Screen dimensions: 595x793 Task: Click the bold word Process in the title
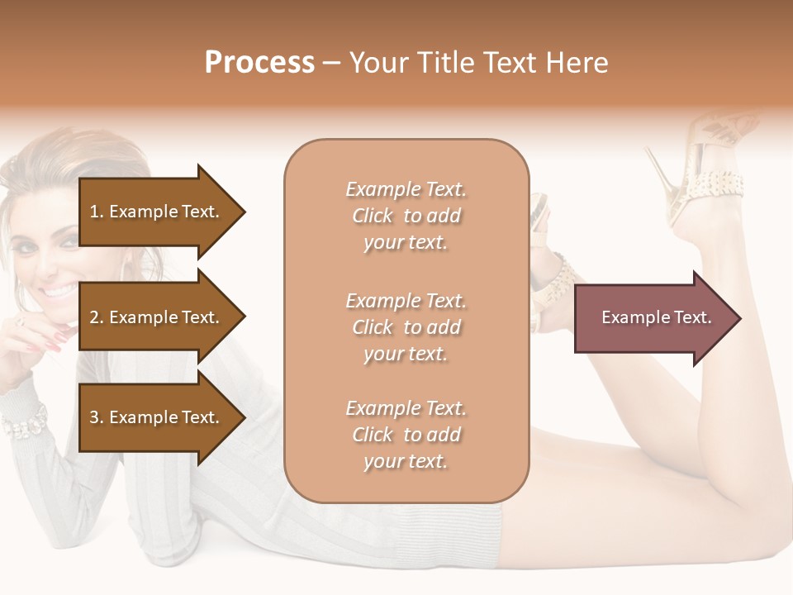259,63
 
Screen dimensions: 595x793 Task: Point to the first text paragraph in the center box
406,216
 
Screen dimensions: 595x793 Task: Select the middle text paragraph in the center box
406,327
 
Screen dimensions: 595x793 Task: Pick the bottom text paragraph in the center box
406,435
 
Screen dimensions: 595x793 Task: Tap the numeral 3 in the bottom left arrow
94,417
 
